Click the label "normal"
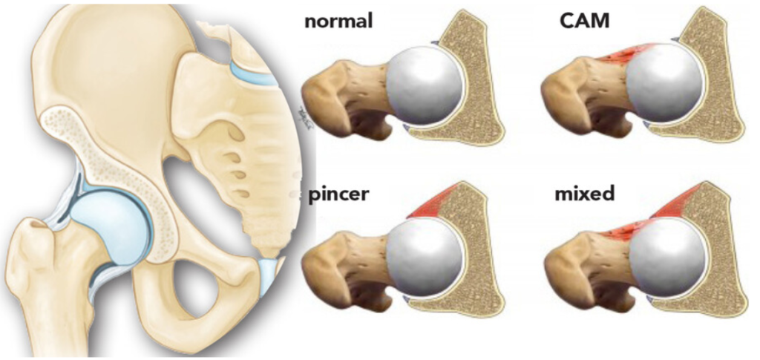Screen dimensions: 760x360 tap(338, 22)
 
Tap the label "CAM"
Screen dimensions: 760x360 tap(584, 22)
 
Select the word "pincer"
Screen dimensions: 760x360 tap(338, 194)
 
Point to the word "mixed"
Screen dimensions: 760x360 tap(584, 194)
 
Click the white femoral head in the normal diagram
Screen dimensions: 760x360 tap(425, 85)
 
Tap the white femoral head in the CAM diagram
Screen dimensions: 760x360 tap(664, 82)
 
